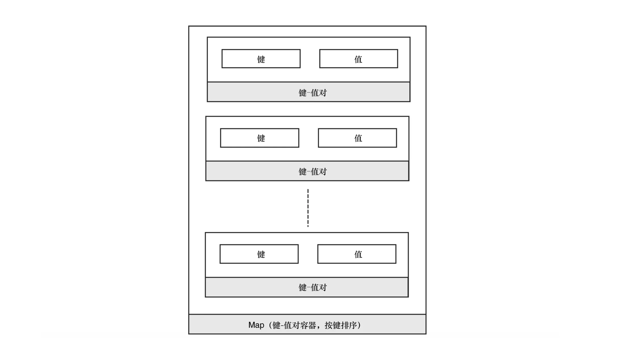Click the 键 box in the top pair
click(x=261, y=59)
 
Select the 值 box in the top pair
click(x=359, y=59)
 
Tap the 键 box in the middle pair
click(x=260, y=138)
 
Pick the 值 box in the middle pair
click(x=358, y=138)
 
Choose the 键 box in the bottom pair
click(x=259, y=254)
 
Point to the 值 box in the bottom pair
click(x=357, y=254)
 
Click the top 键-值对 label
click(x=313, y=93)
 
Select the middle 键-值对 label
click(x=313, y=172)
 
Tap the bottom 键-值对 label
click(x=313, y=288)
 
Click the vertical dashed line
click(x=308, y=208)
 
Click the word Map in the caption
click(x=256, y=325)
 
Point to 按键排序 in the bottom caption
click(x=341, y=325)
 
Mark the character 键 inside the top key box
click(x=261, y=59)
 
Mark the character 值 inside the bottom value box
click(x=358, y=254)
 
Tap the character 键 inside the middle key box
click(x=261, y=138)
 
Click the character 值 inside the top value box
click(x=358, y=59)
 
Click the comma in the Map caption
click(x=319, y=327)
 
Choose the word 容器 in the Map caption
click(x=308, y=325)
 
